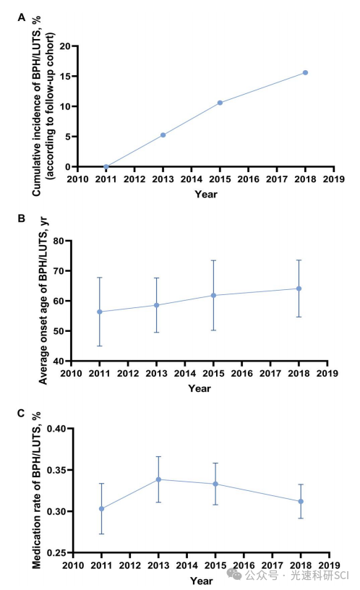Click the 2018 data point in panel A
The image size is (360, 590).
[305, 72]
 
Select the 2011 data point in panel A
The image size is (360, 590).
[106, 167]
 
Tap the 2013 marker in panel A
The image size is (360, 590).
[163, 135]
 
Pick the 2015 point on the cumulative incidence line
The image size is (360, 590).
[220, 103]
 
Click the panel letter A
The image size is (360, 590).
[22, 17]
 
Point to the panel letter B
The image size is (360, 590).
[22, 218]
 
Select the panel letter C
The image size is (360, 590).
[21, 414]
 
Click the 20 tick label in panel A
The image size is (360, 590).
[65, 46]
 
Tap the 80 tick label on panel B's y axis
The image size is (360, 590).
[59, 241]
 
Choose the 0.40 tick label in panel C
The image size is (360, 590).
[56, 429]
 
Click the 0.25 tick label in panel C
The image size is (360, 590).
[56, 552]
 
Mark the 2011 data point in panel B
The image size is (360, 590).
[100, 312]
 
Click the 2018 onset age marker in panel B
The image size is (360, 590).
[299, 288]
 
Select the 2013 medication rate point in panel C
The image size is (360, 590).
[158, 479]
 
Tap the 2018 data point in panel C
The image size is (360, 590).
[301, 502]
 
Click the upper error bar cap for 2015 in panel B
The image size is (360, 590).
[213, 260]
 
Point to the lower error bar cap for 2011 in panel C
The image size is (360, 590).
[102, 534]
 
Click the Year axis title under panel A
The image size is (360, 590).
[206, 194]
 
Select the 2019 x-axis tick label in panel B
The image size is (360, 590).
[327, 374]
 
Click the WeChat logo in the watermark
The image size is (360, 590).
[233, 574]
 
